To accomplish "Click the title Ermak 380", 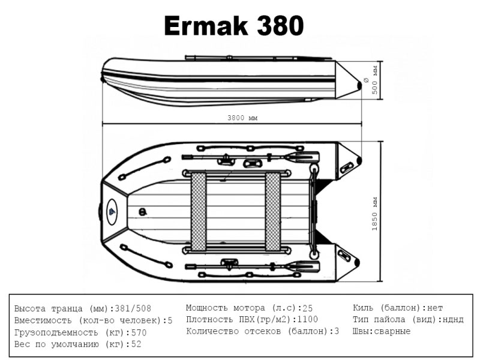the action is coord(234,26).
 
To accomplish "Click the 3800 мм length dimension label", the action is coord(242,118).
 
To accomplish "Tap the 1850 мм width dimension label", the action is coord(374,214).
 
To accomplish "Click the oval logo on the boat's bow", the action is coord(112,212).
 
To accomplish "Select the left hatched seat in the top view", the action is coord(199,212).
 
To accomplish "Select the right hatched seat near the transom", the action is coord(273,212).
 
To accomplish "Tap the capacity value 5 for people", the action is coord(170,320).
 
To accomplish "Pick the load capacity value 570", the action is coord(139,333).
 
